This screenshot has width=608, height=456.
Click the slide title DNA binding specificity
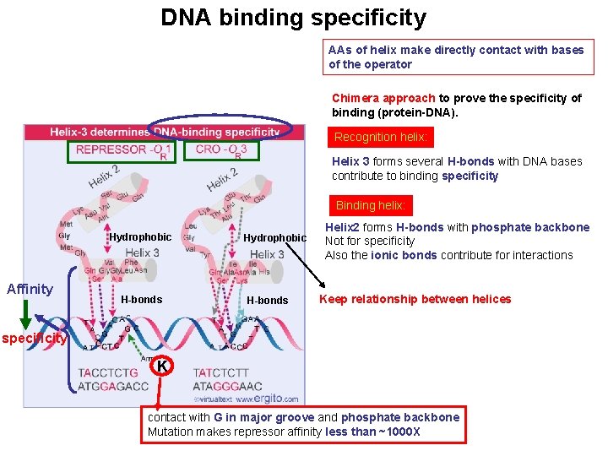(294, 18)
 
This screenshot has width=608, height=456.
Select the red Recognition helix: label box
(381, 137)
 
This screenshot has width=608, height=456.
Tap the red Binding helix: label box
(371, 205)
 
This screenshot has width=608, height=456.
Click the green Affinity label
(30, 289)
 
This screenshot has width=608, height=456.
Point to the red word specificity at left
(34, 339)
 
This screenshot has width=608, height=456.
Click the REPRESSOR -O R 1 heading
(123, 151)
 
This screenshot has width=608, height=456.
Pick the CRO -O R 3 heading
(221, 150)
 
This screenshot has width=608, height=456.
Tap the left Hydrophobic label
(140, 237)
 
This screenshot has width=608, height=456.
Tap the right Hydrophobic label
(274, 238)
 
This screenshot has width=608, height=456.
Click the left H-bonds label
(142, 300)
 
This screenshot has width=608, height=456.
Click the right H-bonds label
(268, 301)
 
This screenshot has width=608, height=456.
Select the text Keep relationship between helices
(415, 299)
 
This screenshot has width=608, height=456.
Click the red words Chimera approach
(383, 98)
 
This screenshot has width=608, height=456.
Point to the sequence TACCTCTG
(107, 372)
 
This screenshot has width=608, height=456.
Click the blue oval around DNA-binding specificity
(220, 131)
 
